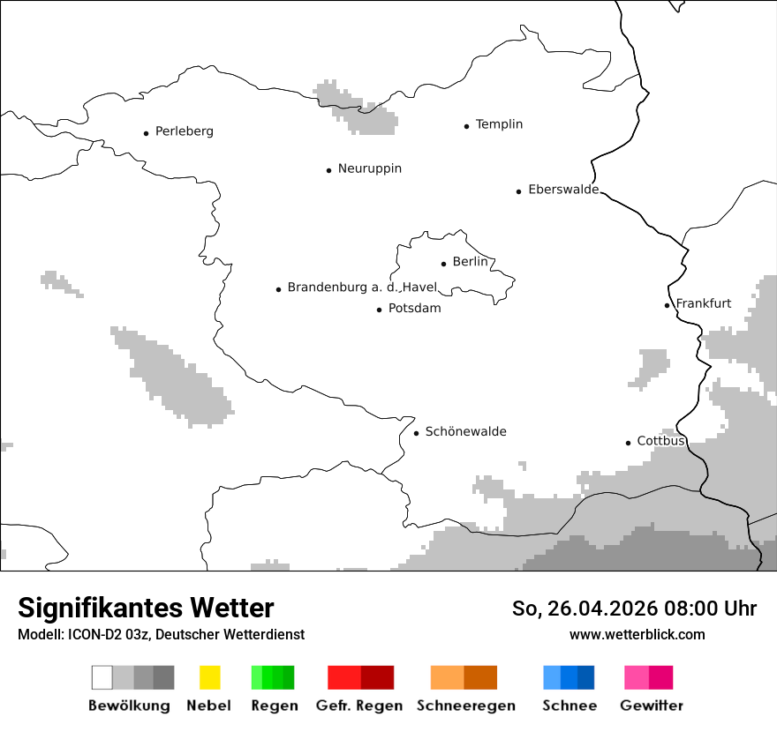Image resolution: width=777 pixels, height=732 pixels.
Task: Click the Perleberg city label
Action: pos(184,131)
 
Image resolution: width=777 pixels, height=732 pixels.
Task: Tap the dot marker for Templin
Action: pos(466,126)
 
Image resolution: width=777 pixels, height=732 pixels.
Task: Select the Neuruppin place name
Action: pos(369,168)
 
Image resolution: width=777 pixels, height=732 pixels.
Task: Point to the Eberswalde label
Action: pos(562,190)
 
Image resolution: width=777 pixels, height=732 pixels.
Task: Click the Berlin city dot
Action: pos(443,263)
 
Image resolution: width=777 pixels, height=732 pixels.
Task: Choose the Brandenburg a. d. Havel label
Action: pos(362,288)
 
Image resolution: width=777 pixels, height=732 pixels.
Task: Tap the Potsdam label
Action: pos(414,309)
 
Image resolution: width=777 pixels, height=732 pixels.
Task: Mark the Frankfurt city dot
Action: pos(667,305)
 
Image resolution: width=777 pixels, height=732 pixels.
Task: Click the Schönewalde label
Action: pos(465,431)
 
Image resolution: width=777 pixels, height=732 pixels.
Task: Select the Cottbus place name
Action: pos(660,441)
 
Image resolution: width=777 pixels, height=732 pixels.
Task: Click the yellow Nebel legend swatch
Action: pos(209,677)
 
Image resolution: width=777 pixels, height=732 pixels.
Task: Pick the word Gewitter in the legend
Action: pos(651,706)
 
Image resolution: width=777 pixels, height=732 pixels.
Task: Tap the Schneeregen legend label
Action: pos(465,706)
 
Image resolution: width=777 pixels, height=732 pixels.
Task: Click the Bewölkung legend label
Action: pos(129,706)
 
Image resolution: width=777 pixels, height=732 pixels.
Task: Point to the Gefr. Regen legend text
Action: pos(358,706)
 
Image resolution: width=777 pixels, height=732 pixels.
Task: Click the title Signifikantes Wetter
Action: pos(146,608)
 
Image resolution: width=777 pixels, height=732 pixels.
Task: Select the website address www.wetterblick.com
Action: pos(637,634)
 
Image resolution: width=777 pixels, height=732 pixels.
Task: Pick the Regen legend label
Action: pos(274,706)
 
